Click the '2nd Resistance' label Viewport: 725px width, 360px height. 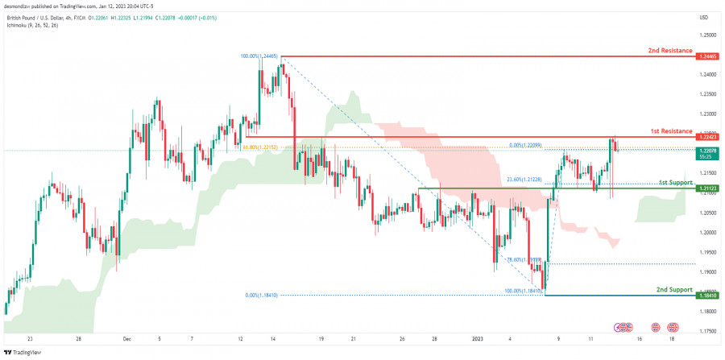point(670,51)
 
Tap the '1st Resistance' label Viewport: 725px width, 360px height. point(670,130)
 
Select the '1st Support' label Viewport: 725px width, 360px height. point(675,183)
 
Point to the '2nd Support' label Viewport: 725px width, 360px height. point(673,289)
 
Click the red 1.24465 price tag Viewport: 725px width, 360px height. point(707,57)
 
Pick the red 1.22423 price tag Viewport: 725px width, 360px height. point(707,137)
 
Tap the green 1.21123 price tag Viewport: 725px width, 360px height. point(707,188)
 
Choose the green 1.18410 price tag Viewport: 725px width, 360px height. point(707,296)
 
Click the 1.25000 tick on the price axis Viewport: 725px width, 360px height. point(707,35)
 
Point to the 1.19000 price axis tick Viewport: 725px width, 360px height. point(707,272)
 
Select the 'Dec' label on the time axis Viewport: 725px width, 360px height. point(126,339)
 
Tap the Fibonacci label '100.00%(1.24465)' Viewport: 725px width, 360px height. point(259,56)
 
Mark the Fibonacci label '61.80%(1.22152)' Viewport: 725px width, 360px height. point(259,147)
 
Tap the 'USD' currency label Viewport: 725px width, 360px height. point(704,18)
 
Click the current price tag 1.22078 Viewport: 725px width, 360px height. point(707,151)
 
